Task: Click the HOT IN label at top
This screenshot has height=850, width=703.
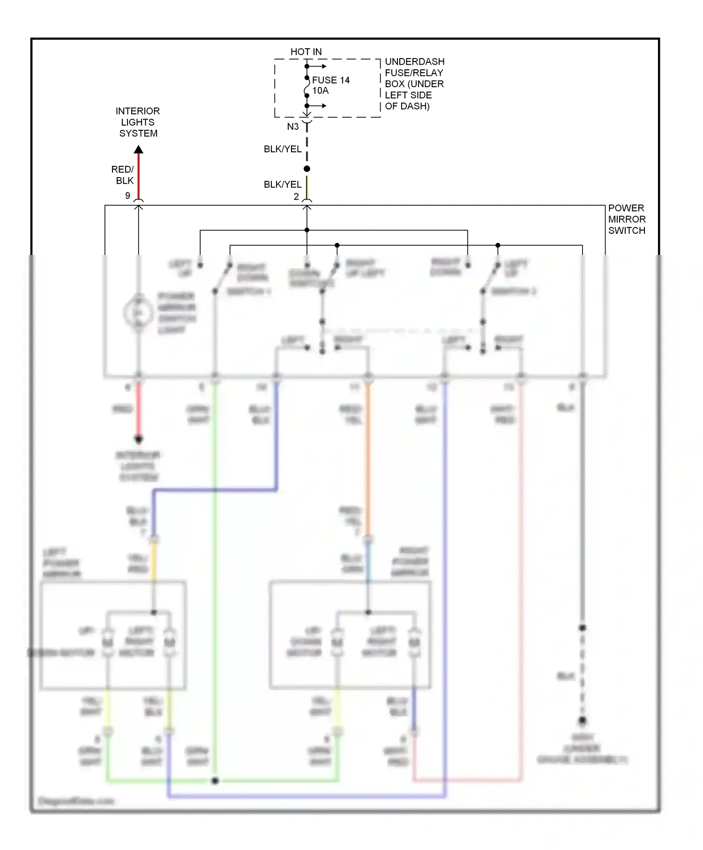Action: coord(306,52)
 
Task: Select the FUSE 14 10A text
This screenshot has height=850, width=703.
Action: coord(330,85)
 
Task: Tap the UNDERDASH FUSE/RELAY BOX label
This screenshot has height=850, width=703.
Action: coord(414,84)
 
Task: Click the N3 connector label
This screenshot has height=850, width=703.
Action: coord(292,127)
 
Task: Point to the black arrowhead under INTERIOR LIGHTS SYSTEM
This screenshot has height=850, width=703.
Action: coord(138,149)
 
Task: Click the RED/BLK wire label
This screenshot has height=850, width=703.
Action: coord(123,175)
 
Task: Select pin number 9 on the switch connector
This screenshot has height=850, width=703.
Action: coord(127,196)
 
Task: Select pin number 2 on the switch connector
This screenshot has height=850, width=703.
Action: coord(296,197)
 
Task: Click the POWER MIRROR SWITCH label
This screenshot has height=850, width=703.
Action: coord(626,219)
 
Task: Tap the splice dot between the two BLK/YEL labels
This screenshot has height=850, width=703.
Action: coord(307,169)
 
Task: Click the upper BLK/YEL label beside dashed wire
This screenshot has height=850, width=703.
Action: coord(282,149)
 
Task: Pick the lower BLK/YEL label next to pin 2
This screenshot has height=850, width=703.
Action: coord(282,185)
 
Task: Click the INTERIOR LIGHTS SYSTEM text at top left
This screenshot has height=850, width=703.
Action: coord(138,122)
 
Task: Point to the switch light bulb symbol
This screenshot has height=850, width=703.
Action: coord(138,313)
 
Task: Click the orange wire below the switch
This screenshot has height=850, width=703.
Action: coord(368,459)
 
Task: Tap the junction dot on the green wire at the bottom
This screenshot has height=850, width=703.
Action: coord(215,781)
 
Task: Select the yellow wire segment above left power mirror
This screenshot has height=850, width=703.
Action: coord(154,562)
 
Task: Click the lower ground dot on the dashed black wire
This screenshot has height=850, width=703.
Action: coord(582,720)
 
